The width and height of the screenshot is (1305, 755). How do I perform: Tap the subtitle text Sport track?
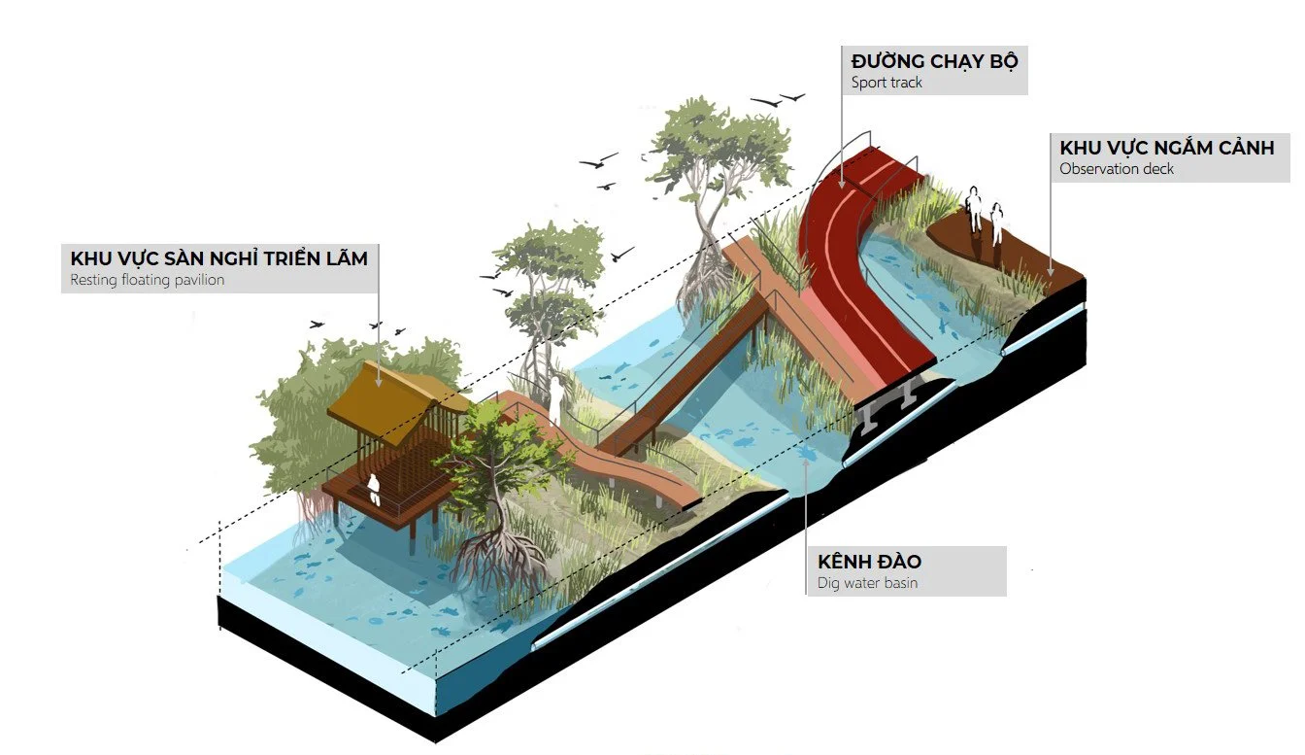click(887, 83)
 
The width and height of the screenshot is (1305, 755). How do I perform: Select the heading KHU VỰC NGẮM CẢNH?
click(1166, 148)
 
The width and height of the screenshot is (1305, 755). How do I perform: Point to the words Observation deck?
click(1117, 168)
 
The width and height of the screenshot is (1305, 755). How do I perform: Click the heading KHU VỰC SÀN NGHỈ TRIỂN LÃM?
click(218, 258)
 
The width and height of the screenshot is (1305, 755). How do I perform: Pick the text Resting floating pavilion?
click(147, 280)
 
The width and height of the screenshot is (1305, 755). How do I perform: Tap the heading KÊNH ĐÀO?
click(869, 562)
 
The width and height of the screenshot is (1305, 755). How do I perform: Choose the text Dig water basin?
click(867, 583)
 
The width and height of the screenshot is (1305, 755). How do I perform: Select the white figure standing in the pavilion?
click(374, 489)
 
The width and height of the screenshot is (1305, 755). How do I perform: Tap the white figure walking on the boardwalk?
click(556, 399)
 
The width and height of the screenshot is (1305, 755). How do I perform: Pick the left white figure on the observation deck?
click(974, 209)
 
